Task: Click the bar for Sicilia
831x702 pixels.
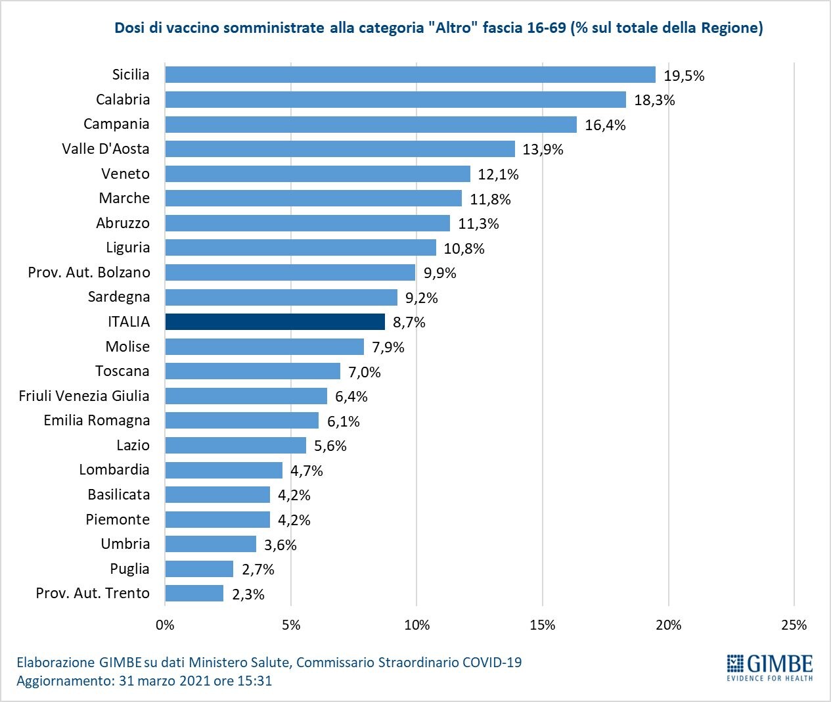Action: coord(410,75)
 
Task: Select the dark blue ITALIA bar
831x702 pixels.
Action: coord(275,322)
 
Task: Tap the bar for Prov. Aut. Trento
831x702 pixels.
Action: coord(194,594)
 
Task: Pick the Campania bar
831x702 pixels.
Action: coord(371,125)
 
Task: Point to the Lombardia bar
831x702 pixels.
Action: coord(223,471)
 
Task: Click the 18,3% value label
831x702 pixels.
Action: coord(654,101)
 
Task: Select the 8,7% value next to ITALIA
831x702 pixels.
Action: coord(409,323)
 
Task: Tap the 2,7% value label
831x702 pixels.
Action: coord(258,570)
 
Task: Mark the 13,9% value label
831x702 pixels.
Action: coord(543,150)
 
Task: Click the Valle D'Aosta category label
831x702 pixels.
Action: coord(106,149)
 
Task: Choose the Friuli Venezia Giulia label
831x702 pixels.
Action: coord(84,396)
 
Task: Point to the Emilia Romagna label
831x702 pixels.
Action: coord(97,421)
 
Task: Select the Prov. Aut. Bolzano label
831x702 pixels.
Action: coord(89,273)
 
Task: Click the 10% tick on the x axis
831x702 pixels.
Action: coord(416,625)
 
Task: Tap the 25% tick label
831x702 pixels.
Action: coord(794,625)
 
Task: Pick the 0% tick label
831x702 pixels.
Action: coord(165,625)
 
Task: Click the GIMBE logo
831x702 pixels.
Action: coord(770,667)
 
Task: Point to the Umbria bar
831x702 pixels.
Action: coord(210,544)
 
